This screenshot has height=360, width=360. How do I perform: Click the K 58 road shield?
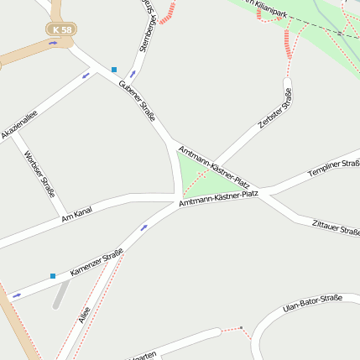(x=61, y=30)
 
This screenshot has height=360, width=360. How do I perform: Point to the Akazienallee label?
(x=18, y=123)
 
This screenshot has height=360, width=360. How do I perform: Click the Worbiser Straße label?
(x=39, y=171)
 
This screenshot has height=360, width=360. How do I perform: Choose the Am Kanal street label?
(x=76, y=215)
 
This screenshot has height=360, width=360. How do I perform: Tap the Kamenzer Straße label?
(x=97, y=263)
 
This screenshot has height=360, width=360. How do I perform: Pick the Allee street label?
(x=84, y=315)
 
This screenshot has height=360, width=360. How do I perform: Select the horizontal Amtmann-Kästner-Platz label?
(x=219, y=198)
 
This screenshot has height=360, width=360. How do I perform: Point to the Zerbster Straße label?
(x=276, y=108)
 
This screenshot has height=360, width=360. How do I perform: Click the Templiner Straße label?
(x=333, y=168)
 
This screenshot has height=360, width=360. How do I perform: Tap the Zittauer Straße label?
(x=335, y=227)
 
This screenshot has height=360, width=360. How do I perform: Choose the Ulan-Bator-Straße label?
(x=312, y=303)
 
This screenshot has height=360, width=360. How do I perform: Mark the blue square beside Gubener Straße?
(x=114, y=70)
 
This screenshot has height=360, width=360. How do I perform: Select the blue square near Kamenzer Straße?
(x=52, y=275)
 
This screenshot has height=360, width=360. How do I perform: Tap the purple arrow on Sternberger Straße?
(x=132, y=73)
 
